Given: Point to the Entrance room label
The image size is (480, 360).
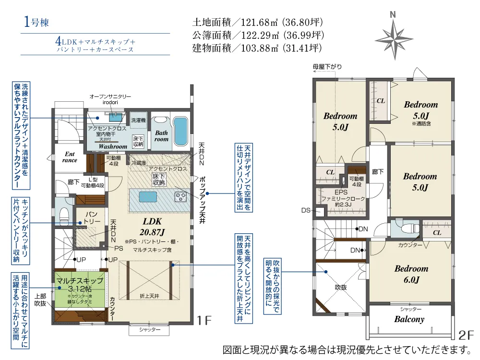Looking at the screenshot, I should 70,157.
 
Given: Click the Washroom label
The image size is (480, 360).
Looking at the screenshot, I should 112,146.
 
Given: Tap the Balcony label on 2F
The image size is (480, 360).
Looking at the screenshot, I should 409,319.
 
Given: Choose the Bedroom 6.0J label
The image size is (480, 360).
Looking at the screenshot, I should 411,274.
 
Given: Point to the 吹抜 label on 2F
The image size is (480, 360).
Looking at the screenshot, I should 341,287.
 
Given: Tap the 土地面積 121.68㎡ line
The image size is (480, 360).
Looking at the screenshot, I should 257,22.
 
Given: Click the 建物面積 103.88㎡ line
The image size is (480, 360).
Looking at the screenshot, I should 257,48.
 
